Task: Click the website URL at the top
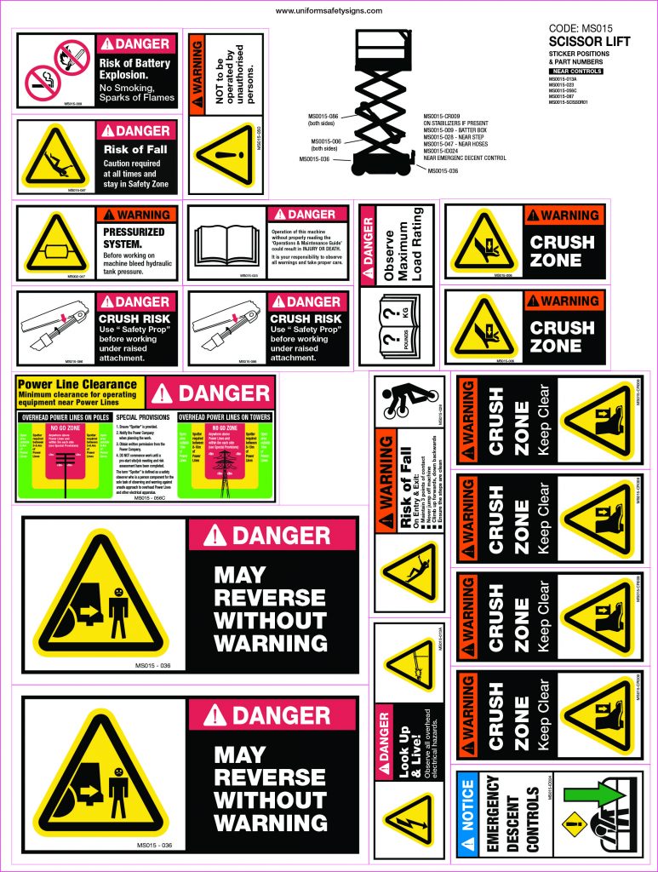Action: coord(329,11)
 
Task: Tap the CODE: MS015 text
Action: coord(581,28)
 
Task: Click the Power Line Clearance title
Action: coord(77,385)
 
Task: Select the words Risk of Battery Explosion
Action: coord(134,69)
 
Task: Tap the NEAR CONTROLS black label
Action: coord(576,72)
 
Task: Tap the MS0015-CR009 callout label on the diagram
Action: coord(441,116)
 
